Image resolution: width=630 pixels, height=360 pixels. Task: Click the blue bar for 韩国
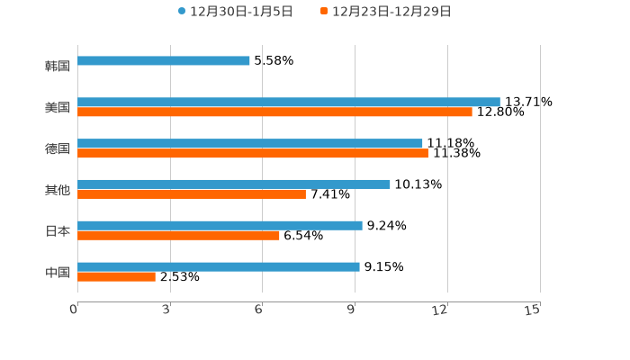click(x=164, y=61)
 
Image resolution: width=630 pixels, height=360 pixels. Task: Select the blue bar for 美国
click(x=289, y=102)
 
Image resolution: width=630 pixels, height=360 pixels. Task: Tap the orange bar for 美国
click(x=274, y=112)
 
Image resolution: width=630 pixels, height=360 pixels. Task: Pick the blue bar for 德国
click(x=250, y=143)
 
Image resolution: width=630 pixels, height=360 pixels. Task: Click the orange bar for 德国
click(x=253, y=154)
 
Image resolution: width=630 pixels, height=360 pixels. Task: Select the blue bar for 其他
click(x=234, y=184)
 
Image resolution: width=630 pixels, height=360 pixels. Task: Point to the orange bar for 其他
click(x=192, y=194)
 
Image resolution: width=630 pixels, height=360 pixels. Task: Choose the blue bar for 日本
click(x=220, y=225)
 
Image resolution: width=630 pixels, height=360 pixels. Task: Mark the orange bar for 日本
click(x=178, y=236)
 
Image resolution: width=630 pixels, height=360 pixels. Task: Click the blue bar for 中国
click(x=219, y=266)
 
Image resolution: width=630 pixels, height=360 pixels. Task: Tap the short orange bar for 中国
click(x=116, y=277)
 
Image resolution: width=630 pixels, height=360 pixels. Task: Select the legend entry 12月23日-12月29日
click(x=391, y=12)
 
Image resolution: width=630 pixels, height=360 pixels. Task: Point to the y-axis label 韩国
click(x=58, y=66)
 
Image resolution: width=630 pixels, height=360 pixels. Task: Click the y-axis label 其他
click(x=58, y=190)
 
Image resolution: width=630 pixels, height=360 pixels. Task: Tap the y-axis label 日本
click(x=58, y=230)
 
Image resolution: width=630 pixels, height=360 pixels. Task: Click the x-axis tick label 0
click(x=74, y=310)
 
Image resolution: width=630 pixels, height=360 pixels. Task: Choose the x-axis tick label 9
click(x=351, y=310)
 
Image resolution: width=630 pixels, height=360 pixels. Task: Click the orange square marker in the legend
click(x=324, y=12)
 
